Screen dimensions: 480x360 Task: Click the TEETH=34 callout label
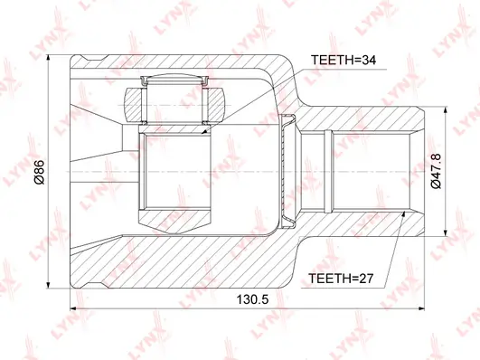[x=344, y=60]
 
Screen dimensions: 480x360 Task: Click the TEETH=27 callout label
[x=341, y=279]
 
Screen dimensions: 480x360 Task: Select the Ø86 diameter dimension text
[x=40, y=172]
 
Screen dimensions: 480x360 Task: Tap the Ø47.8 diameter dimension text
[x=436, y=171]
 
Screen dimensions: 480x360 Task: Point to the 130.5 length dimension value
[x=252, y=299]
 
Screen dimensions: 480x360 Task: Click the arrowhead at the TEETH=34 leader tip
[x=203, y=132]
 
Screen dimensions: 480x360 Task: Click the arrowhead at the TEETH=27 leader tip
[x=403, y=213]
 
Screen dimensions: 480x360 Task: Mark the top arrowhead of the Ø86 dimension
[x=48, y=58]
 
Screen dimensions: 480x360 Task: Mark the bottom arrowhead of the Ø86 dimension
[x=48, y=285]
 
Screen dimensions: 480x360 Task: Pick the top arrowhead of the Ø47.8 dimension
[x=446, y=110]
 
